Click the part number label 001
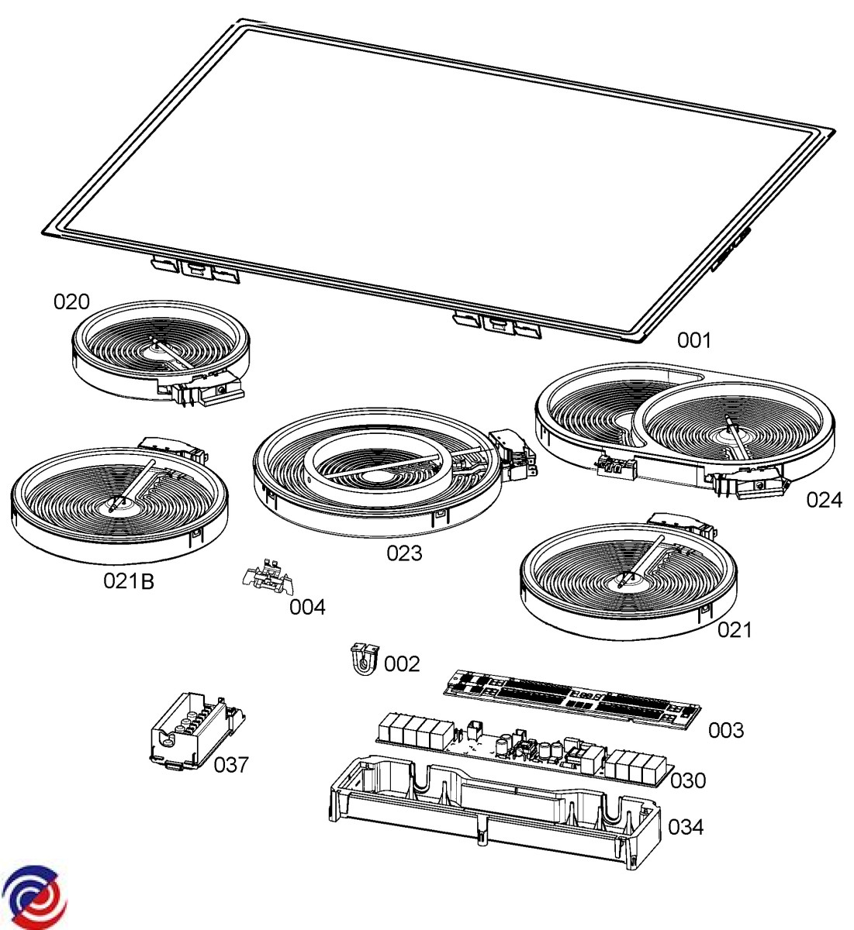click(x=694, y=341)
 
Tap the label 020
click(x=71, y=301)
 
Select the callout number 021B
click(x=129, y=581)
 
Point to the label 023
click(x=405, y=553)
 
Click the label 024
click(x=825, y=500)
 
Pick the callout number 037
click(x=231, y=765)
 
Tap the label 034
click(x=686, y=827)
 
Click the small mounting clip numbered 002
click(x=365, y=659)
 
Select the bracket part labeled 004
click(x=268, y=577)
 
